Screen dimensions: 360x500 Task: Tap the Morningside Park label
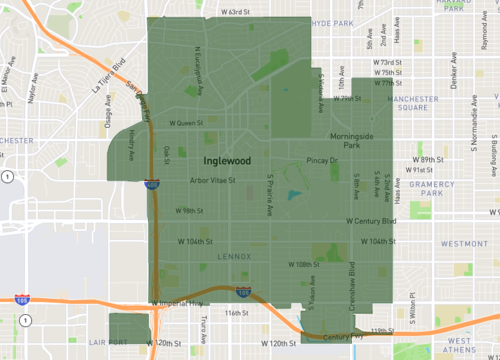[x=351, y=141]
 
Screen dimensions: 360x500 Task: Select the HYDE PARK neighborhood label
[x=333, y=23]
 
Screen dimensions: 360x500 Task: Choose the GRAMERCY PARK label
[x=438, y=191]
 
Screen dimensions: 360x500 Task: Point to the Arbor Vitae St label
[x=211, y=181]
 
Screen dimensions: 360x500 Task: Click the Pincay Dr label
[x=323, y=160]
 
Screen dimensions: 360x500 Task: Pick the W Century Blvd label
[x=371, y=220]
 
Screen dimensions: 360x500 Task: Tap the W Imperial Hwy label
[x=176, y=302]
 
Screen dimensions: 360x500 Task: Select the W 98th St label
[x=187, y=211]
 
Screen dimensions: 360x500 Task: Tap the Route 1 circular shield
[x=7, y=177]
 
